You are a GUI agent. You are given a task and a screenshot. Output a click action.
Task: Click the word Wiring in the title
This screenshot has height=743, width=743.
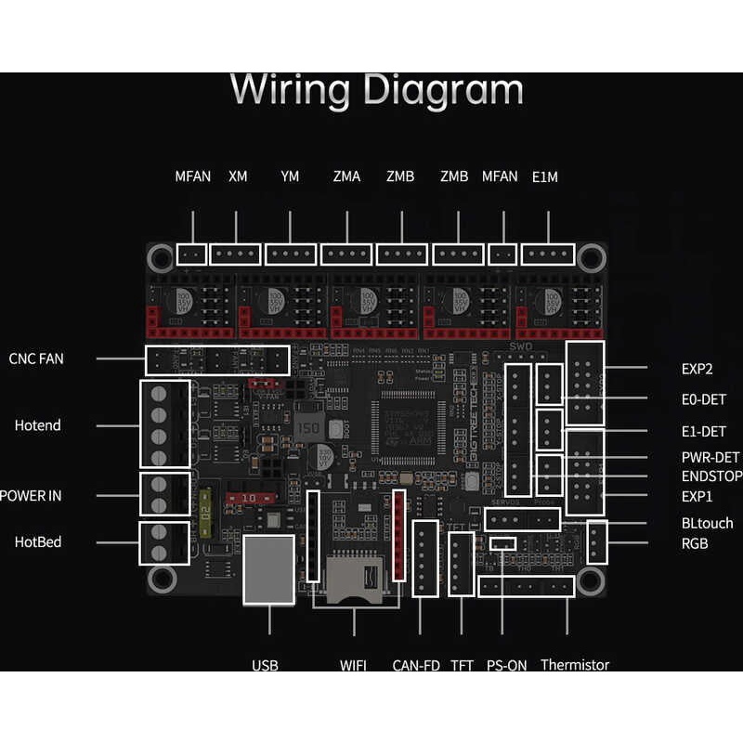click(x=290, y=91)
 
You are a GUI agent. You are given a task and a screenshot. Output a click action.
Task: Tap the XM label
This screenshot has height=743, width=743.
click(x=238, y=176)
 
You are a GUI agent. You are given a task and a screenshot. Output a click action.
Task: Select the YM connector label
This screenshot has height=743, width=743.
click(x=290, y=176)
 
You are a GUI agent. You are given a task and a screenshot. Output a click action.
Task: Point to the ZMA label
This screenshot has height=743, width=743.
click(x=346, y=176)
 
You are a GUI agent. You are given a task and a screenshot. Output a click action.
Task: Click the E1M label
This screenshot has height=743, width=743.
click(x=545, y=176)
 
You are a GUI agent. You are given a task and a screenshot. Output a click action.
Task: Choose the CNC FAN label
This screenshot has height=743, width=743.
click(x=36, y=358)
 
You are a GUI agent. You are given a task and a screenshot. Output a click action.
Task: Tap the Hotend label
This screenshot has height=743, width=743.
click(x=37, y=425)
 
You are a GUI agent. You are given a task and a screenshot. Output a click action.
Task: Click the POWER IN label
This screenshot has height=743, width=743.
click(x=30, y=495)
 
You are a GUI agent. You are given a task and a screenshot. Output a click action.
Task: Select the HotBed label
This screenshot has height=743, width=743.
click(x=37, y=541)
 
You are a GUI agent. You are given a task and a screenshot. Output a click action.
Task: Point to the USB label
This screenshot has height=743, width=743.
click(x=265, y=665)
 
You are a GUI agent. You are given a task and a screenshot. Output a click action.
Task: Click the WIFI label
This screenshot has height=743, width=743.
click(x=353, y=665)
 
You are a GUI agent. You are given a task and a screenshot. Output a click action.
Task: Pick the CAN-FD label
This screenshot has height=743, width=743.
click(x=416, y=665)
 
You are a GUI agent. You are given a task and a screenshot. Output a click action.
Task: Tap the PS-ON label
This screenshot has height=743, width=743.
click(x=506, y=665)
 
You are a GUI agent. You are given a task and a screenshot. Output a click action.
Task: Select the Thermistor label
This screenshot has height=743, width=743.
click(x=575, y=665)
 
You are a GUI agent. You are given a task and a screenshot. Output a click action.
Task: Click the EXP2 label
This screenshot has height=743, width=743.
click(x=697, y=369)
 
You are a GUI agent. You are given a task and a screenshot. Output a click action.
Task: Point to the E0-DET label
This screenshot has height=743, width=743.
click(x=703, y=399)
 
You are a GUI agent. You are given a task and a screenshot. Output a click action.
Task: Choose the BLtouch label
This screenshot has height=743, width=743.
click(x=707, y=523)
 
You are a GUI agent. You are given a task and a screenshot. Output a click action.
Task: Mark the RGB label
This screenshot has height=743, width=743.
click(x=695, y=543)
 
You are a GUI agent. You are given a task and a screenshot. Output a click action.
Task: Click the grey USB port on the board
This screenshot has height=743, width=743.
click(x=268, y=569)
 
